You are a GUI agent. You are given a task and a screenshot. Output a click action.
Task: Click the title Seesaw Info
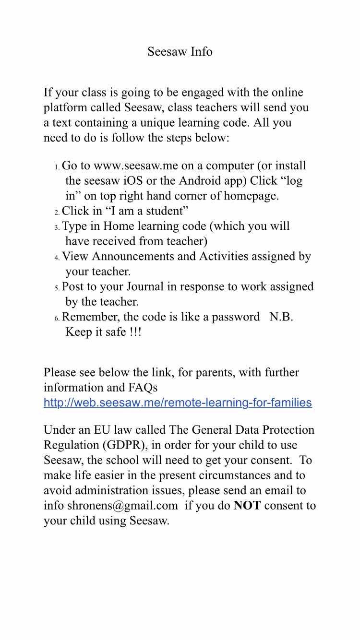click(180, 51)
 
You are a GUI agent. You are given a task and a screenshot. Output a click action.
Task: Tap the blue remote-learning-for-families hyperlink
click(178, 403)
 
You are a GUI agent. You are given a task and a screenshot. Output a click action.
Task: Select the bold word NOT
click(247, 506)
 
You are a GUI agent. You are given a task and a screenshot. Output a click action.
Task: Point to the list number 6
click(57, 318)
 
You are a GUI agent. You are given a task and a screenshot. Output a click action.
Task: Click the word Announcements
click(132, 257)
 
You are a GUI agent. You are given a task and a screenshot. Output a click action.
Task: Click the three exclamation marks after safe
click(135, 332)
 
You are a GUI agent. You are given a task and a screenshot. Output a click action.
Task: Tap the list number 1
click(57, 167)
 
